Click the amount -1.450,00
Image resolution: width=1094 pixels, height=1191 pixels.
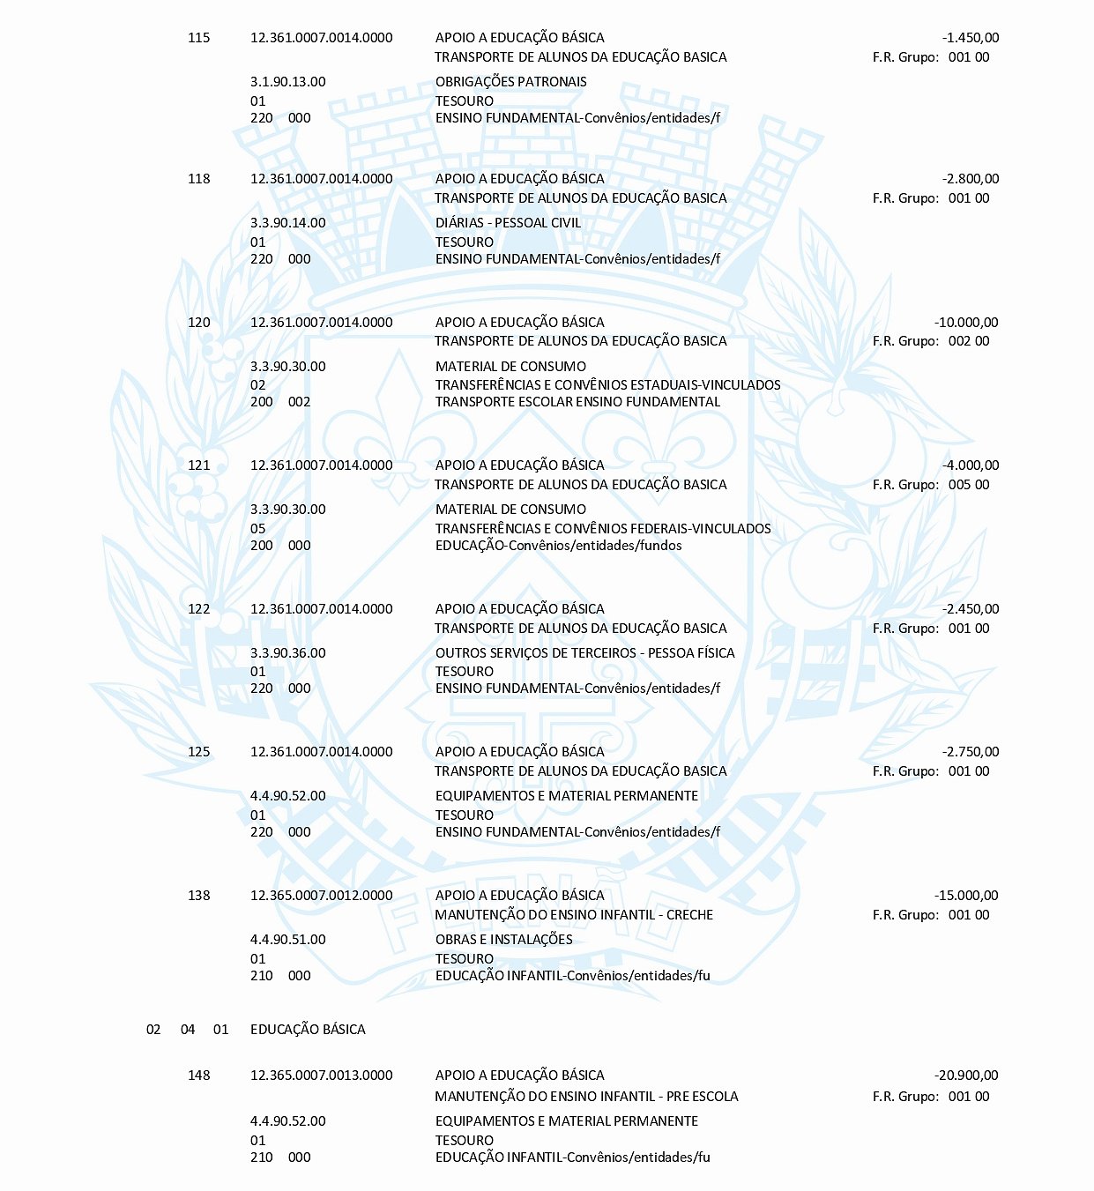point(970,38)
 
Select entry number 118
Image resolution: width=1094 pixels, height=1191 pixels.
point(199,179)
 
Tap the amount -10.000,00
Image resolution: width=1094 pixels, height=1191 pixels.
point(966,323)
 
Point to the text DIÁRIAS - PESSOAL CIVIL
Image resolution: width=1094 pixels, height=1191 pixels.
point(508,223)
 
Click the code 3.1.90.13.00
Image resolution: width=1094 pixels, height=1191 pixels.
point(287,82)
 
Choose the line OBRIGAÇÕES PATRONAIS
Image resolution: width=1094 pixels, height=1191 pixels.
point(510,82)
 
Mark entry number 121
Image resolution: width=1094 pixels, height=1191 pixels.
point(199,465)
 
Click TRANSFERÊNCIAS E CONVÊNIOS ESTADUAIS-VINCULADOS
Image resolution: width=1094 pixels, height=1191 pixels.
point(607,385)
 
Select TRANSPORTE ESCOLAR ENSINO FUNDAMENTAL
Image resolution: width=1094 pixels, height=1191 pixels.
point(577,402)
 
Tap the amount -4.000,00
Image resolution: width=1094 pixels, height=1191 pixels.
point(970,465)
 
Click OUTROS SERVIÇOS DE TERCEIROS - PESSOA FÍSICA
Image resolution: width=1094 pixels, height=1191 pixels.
point(584,653)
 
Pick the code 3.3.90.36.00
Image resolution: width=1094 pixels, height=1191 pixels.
point(287,653)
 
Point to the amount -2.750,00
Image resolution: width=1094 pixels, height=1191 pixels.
point(970,752)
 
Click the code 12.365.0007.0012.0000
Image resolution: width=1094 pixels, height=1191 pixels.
point(321,896)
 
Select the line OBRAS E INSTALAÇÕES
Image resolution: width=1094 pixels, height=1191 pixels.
point(503,940)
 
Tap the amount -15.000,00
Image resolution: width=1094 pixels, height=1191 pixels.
point(966,896)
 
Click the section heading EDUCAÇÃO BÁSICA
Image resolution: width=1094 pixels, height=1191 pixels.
point(308,1030)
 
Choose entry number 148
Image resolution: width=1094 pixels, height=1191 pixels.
point(199,1076)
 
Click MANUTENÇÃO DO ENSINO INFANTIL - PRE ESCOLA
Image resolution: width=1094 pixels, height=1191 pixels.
point(586,1097)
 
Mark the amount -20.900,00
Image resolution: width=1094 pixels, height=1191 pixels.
point(966,1076)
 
